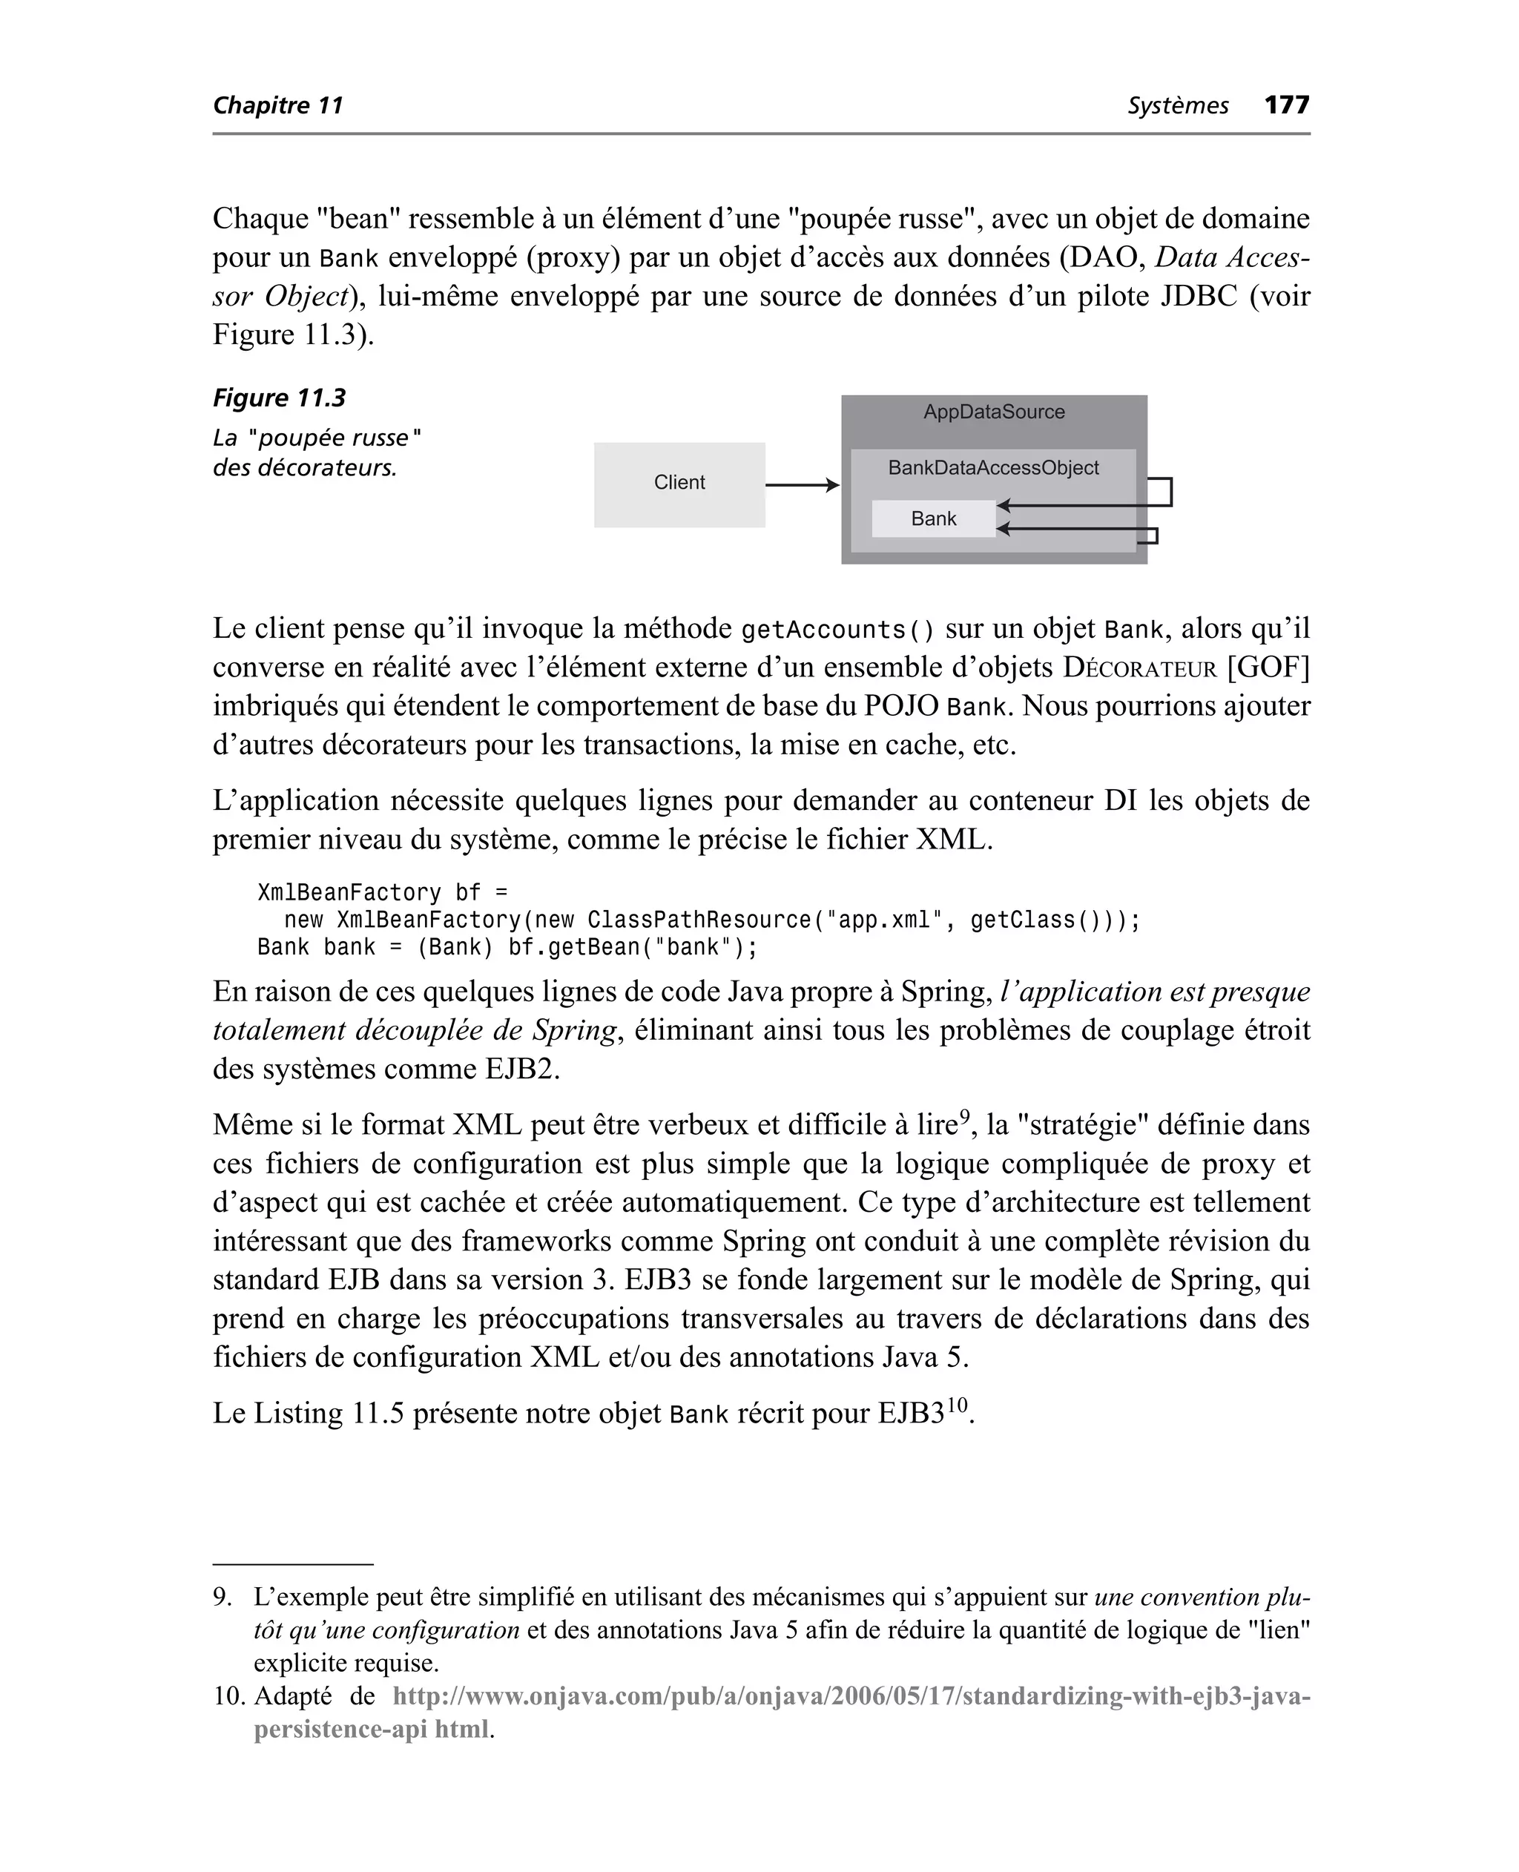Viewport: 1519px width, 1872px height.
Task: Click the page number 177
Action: pyautogui.click(x=1286, y=105)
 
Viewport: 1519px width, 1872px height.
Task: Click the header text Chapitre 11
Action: pyautogui.click(x=278, y=106)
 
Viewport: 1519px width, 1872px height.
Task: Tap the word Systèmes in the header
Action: pyautogui.click(x=1178, y=106)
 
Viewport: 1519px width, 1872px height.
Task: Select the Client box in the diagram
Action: pyautogui.click(x=679, y=484)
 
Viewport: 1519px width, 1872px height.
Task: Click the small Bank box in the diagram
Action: pyautogui.click(x=933, y=518)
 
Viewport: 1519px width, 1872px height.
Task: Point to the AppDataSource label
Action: pyautogui.click(x=994, y=412)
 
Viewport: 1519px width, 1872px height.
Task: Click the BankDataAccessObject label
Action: pyautogui.click(x=993, y=468)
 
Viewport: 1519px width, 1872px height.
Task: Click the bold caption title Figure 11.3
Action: pyautogui.click(x=279, y=399)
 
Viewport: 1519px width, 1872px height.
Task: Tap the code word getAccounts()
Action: pyautogui.click(x=837, y=630)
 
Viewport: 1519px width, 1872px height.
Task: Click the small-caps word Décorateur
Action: pyautogui.click(x=1139, y=668)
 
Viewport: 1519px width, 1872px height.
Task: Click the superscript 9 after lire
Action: pyautogui.click(x=964, y=1116)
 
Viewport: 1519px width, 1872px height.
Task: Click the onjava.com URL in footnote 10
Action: pyautogui.click(x=851, y=1696)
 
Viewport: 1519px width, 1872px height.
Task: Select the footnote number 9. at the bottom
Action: pyautogui.click(x=223, y=1598)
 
